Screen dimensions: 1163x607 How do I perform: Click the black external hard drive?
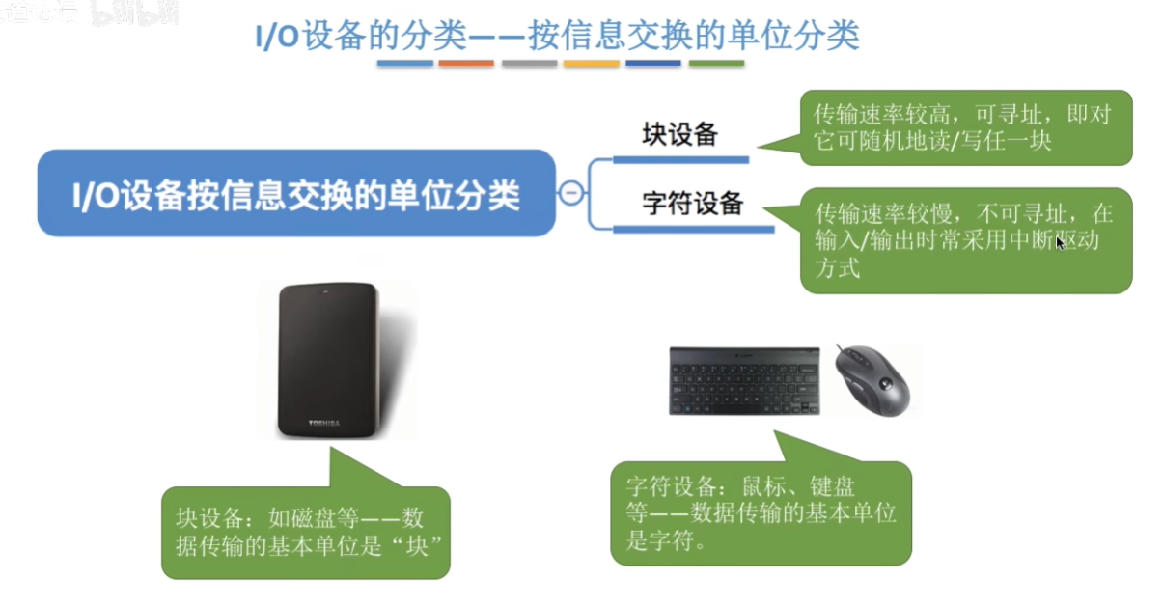point(328,360)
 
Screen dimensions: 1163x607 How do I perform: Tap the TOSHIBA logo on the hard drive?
point(324,423)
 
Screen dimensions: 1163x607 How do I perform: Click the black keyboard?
point(744,380)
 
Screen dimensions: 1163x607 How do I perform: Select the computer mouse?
point(872,379)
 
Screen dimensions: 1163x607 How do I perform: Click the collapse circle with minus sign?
point(571,193)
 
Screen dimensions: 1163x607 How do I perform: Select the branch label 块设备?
point(680,134)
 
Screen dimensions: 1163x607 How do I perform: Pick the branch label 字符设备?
point(693,203)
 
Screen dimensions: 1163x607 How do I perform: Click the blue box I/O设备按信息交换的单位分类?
point(296,193)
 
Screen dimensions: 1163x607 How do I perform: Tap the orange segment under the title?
point(466,64)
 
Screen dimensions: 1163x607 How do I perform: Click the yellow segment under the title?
point(592,64)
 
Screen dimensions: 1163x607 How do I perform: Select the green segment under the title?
point(716,64)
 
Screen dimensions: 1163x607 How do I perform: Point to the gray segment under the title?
point(529,64)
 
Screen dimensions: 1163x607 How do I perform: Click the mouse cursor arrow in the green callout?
point(1060,243)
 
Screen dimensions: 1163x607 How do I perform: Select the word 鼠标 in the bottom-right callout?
point(763,486)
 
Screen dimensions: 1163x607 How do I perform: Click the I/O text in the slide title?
point(277,37)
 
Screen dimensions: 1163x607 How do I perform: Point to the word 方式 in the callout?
point(837,268)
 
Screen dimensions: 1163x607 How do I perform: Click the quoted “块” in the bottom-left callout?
point(417,545)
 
